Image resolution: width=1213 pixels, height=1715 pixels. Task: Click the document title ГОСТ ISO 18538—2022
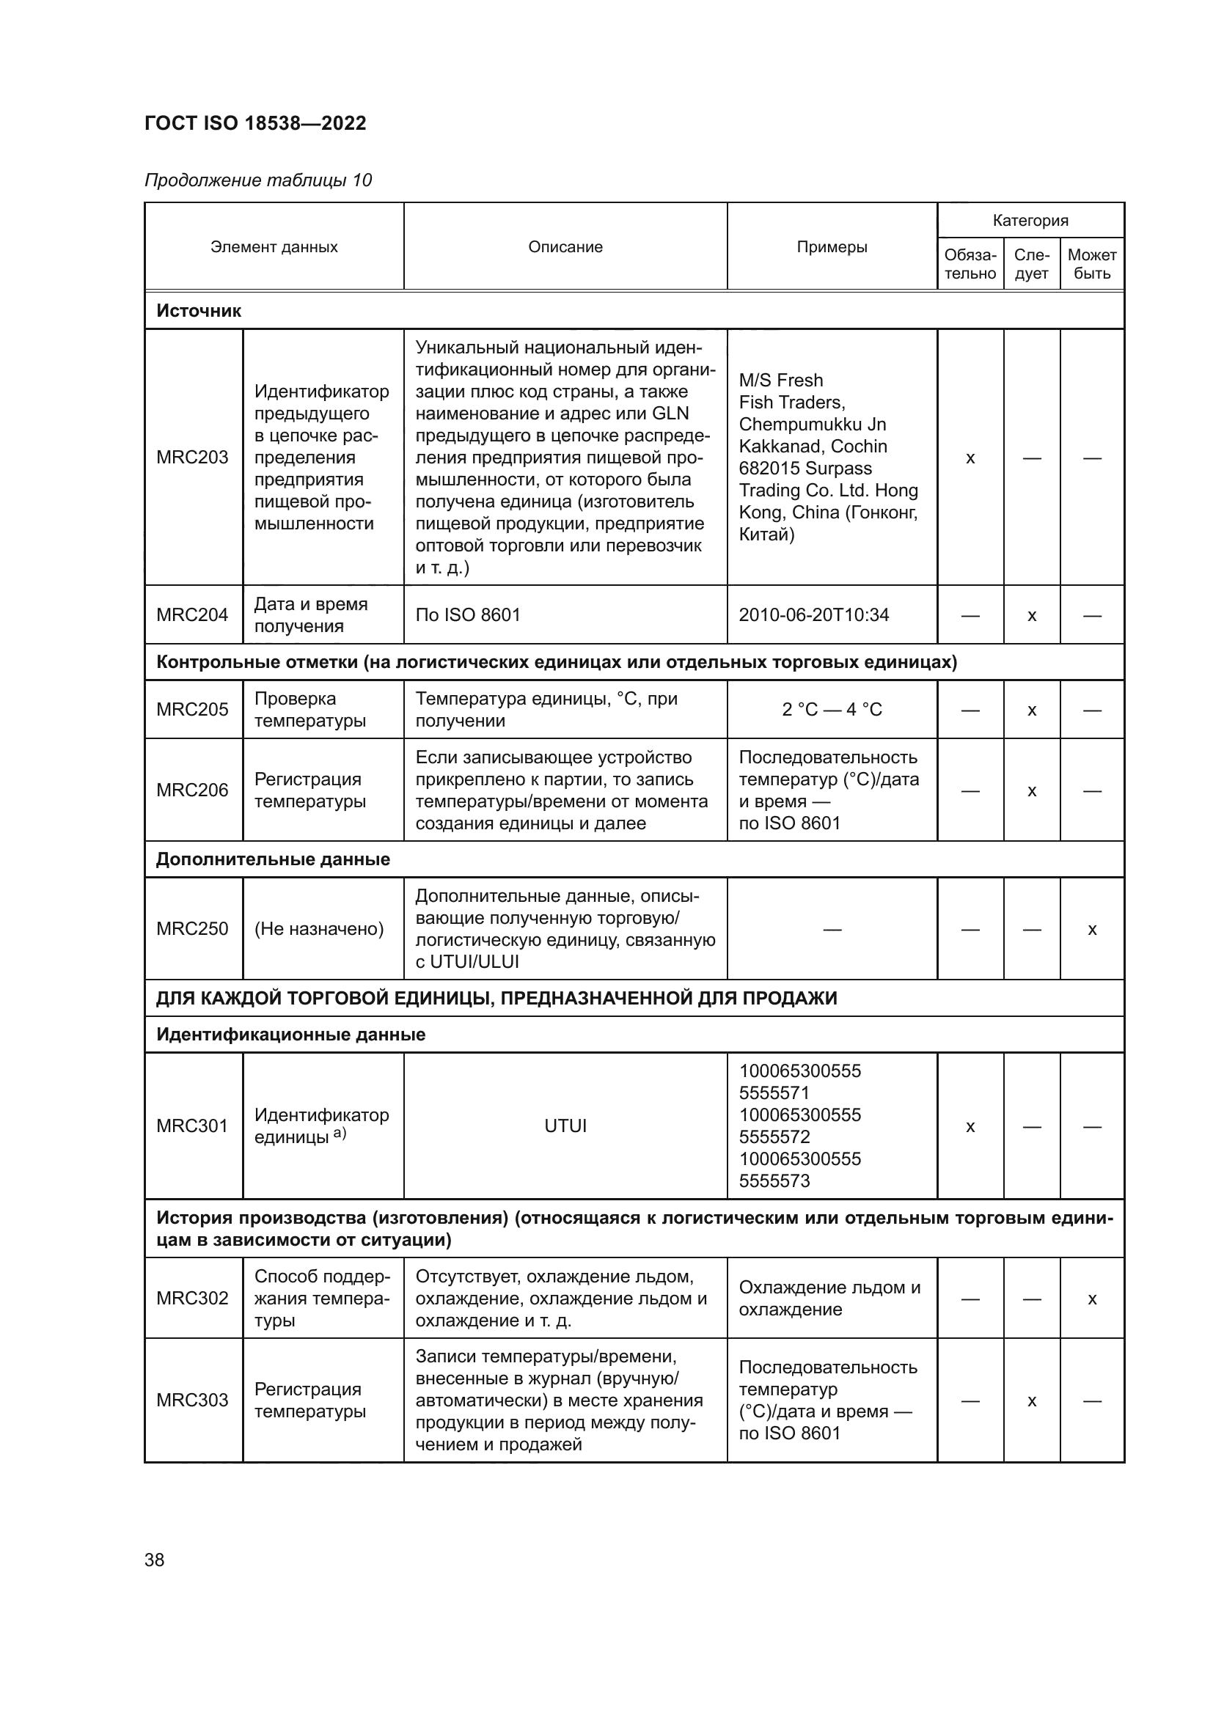pyautogui.click(x=254, y=123)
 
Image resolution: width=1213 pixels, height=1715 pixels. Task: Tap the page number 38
pyautogui.click(x=155, y=1560)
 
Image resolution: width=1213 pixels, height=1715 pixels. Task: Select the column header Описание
pyautogui.click(x=565, y=247)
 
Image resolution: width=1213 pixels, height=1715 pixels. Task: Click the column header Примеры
pyautogui.click(x=832, y=247)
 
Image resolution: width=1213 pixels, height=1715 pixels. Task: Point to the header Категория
pyautogui.click(x=1030, y=221)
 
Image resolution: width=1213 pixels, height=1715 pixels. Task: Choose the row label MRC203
pyautogui.click(x=192, y=457)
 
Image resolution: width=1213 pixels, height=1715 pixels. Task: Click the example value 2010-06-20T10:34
pyautogui.click(x=813, y=614)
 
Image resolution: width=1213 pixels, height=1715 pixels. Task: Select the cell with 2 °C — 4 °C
pyautogui.click(x=832, y=709)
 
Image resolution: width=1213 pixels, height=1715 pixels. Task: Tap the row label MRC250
pyautogui.click(x=192, y=928)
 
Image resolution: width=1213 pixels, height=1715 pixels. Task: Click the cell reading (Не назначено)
pyautogui.click(x=319, y=928)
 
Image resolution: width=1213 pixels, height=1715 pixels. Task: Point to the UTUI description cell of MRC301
pyautogui.click(x=565, y=1125)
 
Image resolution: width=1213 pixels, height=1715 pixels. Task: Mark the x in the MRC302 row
pyautogui.click(x=1091, y=1299)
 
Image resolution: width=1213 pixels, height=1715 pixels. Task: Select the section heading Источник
pyautogui.click(x=199, y=311)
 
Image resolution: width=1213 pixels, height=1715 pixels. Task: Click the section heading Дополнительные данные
pyautogui.click(x=273, y=859)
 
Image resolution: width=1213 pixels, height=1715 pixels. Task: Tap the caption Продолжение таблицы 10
pyautogui.click(x=257, y=180)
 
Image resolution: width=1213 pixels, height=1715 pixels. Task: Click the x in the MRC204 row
pyautogui.click(x=1032, y=615)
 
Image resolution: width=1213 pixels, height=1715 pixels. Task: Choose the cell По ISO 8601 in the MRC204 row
pyautogui.click(x=468, y=614)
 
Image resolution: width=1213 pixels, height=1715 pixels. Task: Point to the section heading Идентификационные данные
pyautogui.click(x=290, y=1035)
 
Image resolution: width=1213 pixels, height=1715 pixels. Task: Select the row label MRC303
pyautogui.click(x=192, y=1400)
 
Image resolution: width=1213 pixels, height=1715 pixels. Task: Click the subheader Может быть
pyautogui.click(x=1091, y=264)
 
